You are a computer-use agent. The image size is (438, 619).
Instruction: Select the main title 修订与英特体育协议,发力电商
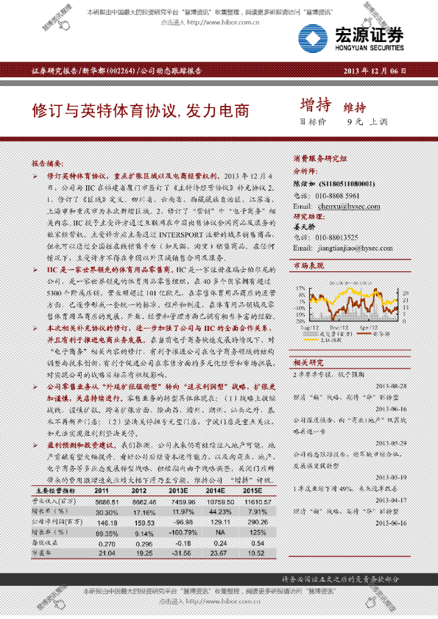click(140, 112)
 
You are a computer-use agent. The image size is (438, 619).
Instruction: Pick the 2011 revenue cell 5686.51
click(106, 501)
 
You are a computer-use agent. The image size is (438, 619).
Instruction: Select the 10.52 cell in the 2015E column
click(274, 552)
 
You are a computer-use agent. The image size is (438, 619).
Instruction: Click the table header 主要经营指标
click(60, 490)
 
